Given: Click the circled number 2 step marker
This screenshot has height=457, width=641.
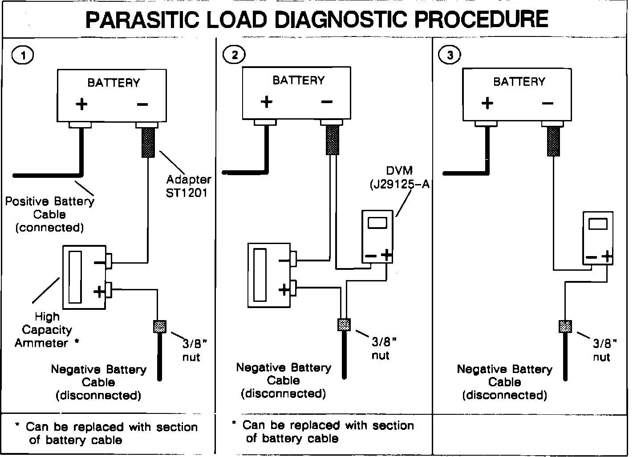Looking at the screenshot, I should [x=234, y=55].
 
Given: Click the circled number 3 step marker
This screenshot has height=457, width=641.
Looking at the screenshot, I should [x=450, y=55].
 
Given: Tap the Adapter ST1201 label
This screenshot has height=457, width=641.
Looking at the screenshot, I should [x=188, y=186].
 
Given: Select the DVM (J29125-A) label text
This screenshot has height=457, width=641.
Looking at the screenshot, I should [x=399, y=177].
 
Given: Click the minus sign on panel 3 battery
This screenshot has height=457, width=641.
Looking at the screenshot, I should [x=548, y=103].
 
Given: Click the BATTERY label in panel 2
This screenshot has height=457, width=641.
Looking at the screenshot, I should [x=299, y=80].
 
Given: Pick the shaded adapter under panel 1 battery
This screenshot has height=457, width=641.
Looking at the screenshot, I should [x=148, y=142].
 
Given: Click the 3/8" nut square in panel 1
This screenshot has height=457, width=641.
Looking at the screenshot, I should [x=159, y=327].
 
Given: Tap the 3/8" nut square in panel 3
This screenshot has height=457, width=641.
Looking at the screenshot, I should [x=565, y=326].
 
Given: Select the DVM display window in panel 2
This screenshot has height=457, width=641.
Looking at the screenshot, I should [x=378, y=223].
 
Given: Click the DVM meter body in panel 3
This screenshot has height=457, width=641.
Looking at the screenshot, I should [x=597, y=238].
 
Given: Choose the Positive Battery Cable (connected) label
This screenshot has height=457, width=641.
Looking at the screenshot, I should [x=49, y=214].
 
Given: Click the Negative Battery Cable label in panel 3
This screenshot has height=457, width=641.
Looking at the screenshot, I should [x=504, y=382].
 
